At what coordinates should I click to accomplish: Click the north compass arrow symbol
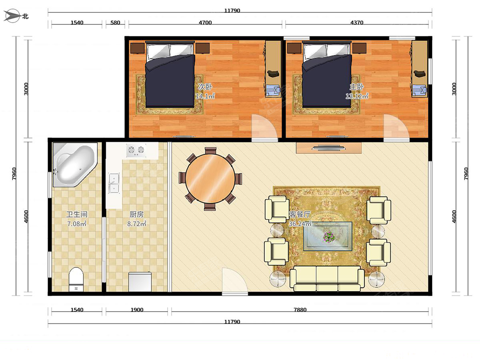click(12, 16)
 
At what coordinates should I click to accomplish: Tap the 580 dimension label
click(115, 22)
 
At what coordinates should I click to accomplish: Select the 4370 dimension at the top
click(357, 22)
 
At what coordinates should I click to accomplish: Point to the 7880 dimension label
click(300, 310)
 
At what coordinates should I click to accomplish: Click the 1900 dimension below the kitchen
click(137, 310)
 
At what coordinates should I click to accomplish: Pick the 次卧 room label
click(205, 87)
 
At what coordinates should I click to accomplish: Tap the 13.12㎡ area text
click(357, 96)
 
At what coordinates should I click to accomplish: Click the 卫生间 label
click(77, 214)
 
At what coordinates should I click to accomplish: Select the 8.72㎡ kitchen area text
click(137, 224)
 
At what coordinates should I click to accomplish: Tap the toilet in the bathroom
click(76, 280)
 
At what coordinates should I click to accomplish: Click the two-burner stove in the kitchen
click(136, 150)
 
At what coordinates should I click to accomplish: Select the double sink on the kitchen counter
click(114, 183)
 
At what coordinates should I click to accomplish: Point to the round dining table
click(210, 178)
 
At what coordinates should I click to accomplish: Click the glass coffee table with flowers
click(327, 236)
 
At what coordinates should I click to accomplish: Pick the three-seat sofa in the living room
click(327, 278)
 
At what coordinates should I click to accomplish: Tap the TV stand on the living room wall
click(329, 148)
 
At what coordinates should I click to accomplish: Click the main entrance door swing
click(235, 281)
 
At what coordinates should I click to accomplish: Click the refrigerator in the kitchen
click(140, 282)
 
